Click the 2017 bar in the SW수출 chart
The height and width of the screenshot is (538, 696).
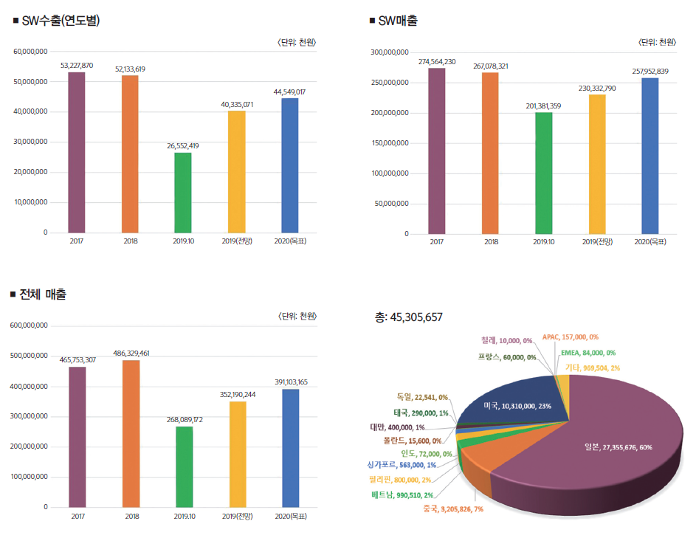[x=76, y=152]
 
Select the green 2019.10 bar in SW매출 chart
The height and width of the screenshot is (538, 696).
[x=543, y=173]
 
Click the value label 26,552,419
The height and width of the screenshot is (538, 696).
[x=182, y=146]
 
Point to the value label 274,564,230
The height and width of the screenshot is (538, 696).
[x=436, y=61]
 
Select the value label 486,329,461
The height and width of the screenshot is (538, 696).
[x=131, y=354]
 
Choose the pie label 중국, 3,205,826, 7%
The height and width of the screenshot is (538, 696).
[x=453, y=509]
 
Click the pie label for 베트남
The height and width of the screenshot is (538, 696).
[x=402, y=494]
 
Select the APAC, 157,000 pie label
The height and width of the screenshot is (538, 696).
[x=570, y=337]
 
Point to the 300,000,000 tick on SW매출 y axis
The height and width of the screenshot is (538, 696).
[x=390, y=52]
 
